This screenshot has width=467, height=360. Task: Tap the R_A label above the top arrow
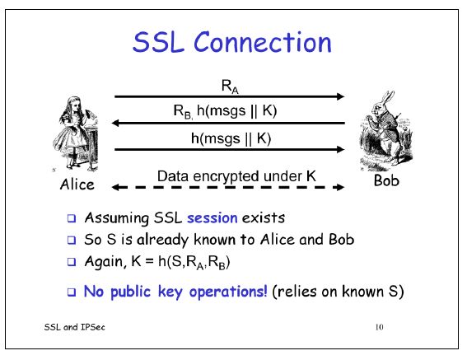pyautogui.click(x=228, y=85)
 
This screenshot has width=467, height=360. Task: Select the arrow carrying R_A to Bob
pyautogui.click(x=228, y=97)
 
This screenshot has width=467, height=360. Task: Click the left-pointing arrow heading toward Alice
pyautogui.click(x=228, y=124)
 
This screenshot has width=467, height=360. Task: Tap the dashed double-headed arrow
pyautogui.click(x=228, y=188)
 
